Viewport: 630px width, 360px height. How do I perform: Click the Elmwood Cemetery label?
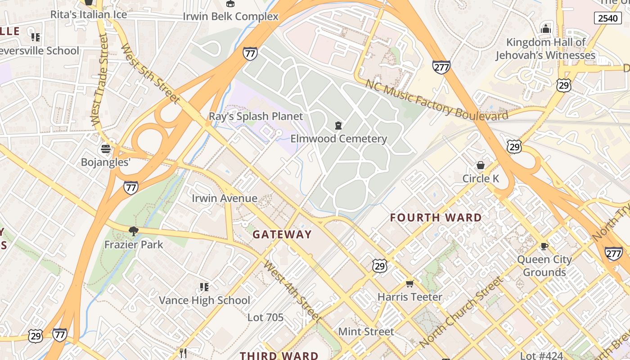click(338, 139)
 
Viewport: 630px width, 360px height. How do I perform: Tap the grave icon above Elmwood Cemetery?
click(338, 126)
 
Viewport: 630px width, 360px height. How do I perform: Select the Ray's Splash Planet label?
click(256, 117)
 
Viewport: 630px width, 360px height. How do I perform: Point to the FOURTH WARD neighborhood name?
click(436, 218)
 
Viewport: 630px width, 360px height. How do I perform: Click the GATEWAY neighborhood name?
click(282, 234)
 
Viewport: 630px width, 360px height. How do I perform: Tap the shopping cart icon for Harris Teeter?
click(409, 283)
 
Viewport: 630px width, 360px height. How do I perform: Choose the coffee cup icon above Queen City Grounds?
click(544, 246)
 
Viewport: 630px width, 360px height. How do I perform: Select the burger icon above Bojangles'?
click(106, 149)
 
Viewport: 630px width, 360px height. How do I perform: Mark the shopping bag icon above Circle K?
click(481, 165)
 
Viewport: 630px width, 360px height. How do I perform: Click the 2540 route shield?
click(608, 18)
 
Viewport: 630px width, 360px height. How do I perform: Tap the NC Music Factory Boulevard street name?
click(436, 100)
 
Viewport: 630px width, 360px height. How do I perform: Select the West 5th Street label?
click(150, 74)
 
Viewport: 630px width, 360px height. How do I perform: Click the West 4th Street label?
click(292, 291)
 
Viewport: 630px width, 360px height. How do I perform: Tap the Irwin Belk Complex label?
click(230, 17)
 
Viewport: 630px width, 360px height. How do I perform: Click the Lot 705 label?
click(265, 317)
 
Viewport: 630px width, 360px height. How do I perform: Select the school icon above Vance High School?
click(204, 287)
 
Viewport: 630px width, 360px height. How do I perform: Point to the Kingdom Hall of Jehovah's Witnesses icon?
click(546, 29)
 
